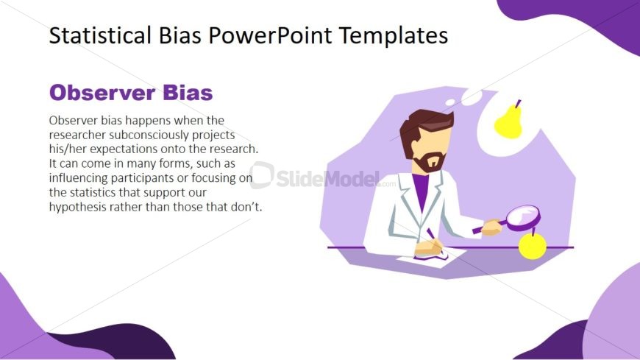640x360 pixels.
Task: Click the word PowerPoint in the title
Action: (x=270, y=35)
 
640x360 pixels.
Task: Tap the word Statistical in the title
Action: (x=100, y=35)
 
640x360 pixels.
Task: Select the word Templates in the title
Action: (x=394, y=36)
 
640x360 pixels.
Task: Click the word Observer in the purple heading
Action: (x=102, y=92)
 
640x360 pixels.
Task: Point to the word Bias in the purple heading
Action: (x=188, y=92)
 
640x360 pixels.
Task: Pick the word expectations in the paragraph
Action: (x=124, y=149)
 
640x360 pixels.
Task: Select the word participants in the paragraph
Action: (x=142, y=178)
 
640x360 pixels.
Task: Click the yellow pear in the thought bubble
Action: (x=508, y=121)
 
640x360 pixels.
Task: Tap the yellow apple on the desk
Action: (x=533, y=244)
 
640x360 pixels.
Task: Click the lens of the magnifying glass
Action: (x=523, y=216)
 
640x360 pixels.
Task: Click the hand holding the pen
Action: (x=429, y=247)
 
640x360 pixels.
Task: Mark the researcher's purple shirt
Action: (x=420, y=190)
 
